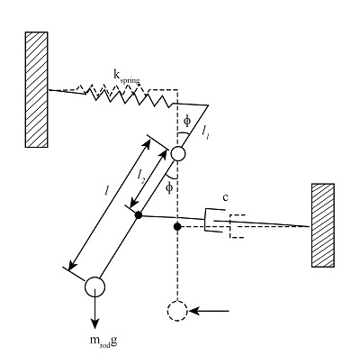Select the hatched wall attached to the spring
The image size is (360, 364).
pos(37,89)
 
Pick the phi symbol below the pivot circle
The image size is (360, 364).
pos(168,187)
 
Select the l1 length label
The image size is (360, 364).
pos(205,134)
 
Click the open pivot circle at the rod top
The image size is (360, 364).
pos(177,154)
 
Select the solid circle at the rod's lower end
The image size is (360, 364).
pos(95,287)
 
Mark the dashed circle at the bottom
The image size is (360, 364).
pos(178,312)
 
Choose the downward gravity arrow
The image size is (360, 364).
pos(95,314)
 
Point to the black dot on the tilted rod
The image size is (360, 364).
pos(138,214)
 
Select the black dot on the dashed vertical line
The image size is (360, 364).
pos(178,225)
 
